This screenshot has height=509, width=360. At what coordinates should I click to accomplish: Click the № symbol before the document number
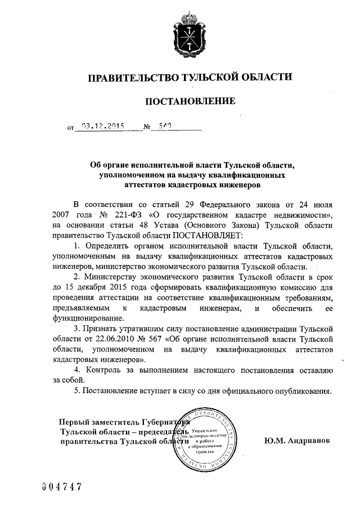coord(147,128)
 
